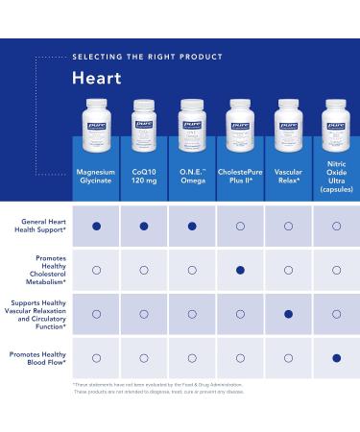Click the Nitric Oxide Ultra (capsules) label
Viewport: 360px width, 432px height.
tap(336, 180)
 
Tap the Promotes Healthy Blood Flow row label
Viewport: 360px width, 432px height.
tap(38, 357)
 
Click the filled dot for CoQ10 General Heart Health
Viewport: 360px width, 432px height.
tap(144, 227)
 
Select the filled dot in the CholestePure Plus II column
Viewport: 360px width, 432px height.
tap(240, 270)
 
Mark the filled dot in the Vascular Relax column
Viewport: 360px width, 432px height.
tap(288, 314)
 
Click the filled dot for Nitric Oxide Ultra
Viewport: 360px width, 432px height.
tap(336, 358)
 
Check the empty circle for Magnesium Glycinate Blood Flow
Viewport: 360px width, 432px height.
tap(96, 358)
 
